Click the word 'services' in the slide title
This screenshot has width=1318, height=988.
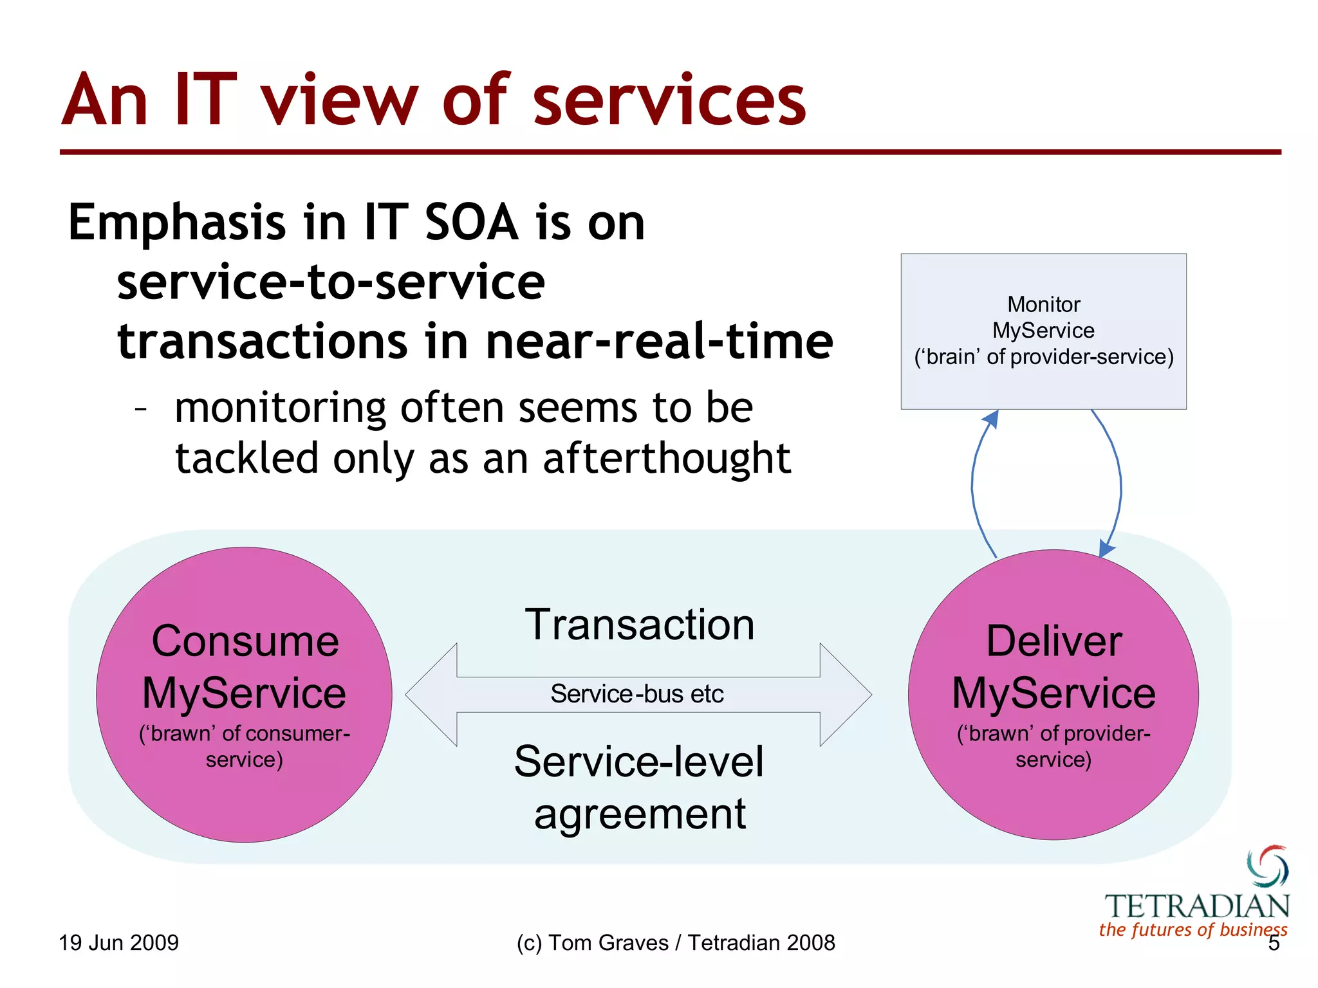669,102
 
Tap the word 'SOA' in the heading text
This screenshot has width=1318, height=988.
471,223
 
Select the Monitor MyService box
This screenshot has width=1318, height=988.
1043,331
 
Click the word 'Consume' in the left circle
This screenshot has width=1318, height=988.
245,642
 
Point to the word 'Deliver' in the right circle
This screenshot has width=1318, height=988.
1054,642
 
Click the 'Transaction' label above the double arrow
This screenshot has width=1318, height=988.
640,625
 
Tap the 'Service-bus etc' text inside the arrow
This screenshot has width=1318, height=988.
637,694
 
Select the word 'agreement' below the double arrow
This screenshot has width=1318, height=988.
640,814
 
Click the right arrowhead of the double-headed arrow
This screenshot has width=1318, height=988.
846,695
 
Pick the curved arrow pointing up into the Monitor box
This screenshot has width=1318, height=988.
974,482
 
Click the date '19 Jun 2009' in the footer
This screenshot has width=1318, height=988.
118,943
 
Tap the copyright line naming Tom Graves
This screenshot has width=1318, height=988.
675,943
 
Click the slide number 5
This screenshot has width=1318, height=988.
1273,944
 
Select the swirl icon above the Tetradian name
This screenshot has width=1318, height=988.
1267,866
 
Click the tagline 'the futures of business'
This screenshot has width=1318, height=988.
1193,929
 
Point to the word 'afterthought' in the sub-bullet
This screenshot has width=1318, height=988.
666,459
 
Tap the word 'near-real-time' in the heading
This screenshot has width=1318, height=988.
659,342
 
